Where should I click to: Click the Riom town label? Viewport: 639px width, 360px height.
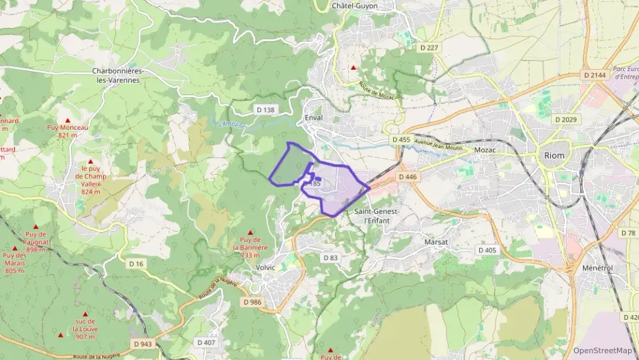(x=554, y=156)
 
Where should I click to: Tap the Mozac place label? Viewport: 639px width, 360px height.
(x=483, y=150)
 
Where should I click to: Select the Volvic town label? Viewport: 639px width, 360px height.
(x=265, y=267)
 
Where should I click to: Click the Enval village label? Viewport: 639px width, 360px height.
(x=314, y=117)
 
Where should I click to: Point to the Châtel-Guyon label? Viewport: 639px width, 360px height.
(x=354, y=5)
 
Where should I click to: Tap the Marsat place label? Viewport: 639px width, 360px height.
(x=436, y=242)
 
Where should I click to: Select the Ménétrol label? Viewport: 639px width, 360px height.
(x=597, y=268)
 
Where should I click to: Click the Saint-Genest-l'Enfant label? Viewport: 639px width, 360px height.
(x=377, y=216)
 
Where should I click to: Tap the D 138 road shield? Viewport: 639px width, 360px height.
(x=265, y=109)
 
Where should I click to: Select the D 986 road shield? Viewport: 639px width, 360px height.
(x=252, y=301)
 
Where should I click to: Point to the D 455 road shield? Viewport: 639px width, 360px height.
(x=401, y=139)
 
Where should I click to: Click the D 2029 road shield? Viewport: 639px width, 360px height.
(x=566, y=120)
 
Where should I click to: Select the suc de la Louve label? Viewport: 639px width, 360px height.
(x=85, y=329)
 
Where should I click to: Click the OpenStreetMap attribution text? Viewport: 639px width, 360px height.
(x=603, y=350)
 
